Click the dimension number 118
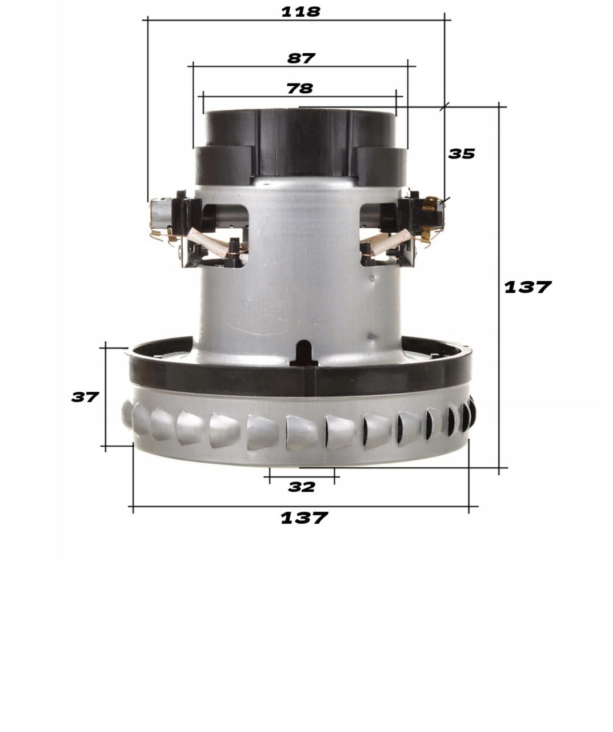[301, 11]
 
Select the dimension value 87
[301, 58]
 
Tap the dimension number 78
[300, 89]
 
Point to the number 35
[461, 154]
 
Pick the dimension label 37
[85, 397]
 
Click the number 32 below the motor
[301, 487]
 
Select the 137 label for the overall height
[527, 287]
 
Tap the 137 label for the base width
[304, 518]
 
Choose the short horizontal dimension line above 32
[303, 476]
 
